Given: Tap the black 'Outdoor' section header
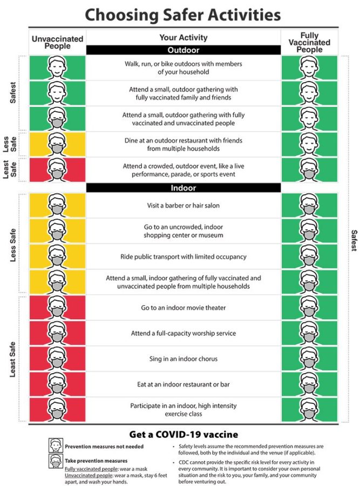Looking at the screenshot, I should tap(183, 50).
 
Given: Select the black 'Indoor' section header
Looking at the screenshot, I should tap(183, 188).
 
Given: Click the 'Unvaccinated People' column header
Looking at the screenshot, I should tap(57, 42).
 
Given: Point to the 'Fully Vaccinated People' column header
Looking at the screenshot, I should tap(309, 42).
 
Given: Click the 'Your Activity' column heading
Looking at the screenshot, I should tap(183, 38).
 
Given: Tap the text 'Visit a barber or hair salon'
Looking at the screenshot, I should tap(183, 205).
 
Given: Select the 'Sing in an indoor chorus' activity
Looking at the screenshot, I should tap(183, 359).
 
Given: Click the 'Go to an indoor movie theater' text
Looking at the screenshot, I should tap(183, 308).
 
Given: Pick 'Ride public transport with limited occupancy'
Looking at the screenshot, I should tap(183, 256).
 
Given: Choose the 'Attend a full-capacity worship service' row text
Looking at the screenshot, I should tap(183, 333).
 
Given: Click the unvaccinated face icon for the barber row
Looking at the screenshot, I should tap(57, 206).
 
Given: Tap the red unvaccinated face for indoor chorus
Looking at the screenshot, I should tap(57, 359).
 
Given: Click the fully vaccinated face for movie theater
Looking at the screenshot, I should tap(309, 308).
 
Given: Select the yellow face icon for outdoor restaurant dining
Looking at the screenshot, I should tap(57, 144).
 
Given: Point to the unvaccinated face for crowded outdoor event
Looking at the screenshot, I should tap(57, 170).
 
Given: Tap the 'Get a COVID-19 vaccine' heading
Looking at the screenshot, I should tap(183, 434).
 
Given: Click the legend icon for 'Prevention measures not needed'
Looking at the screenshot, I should tap(56, 446).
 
